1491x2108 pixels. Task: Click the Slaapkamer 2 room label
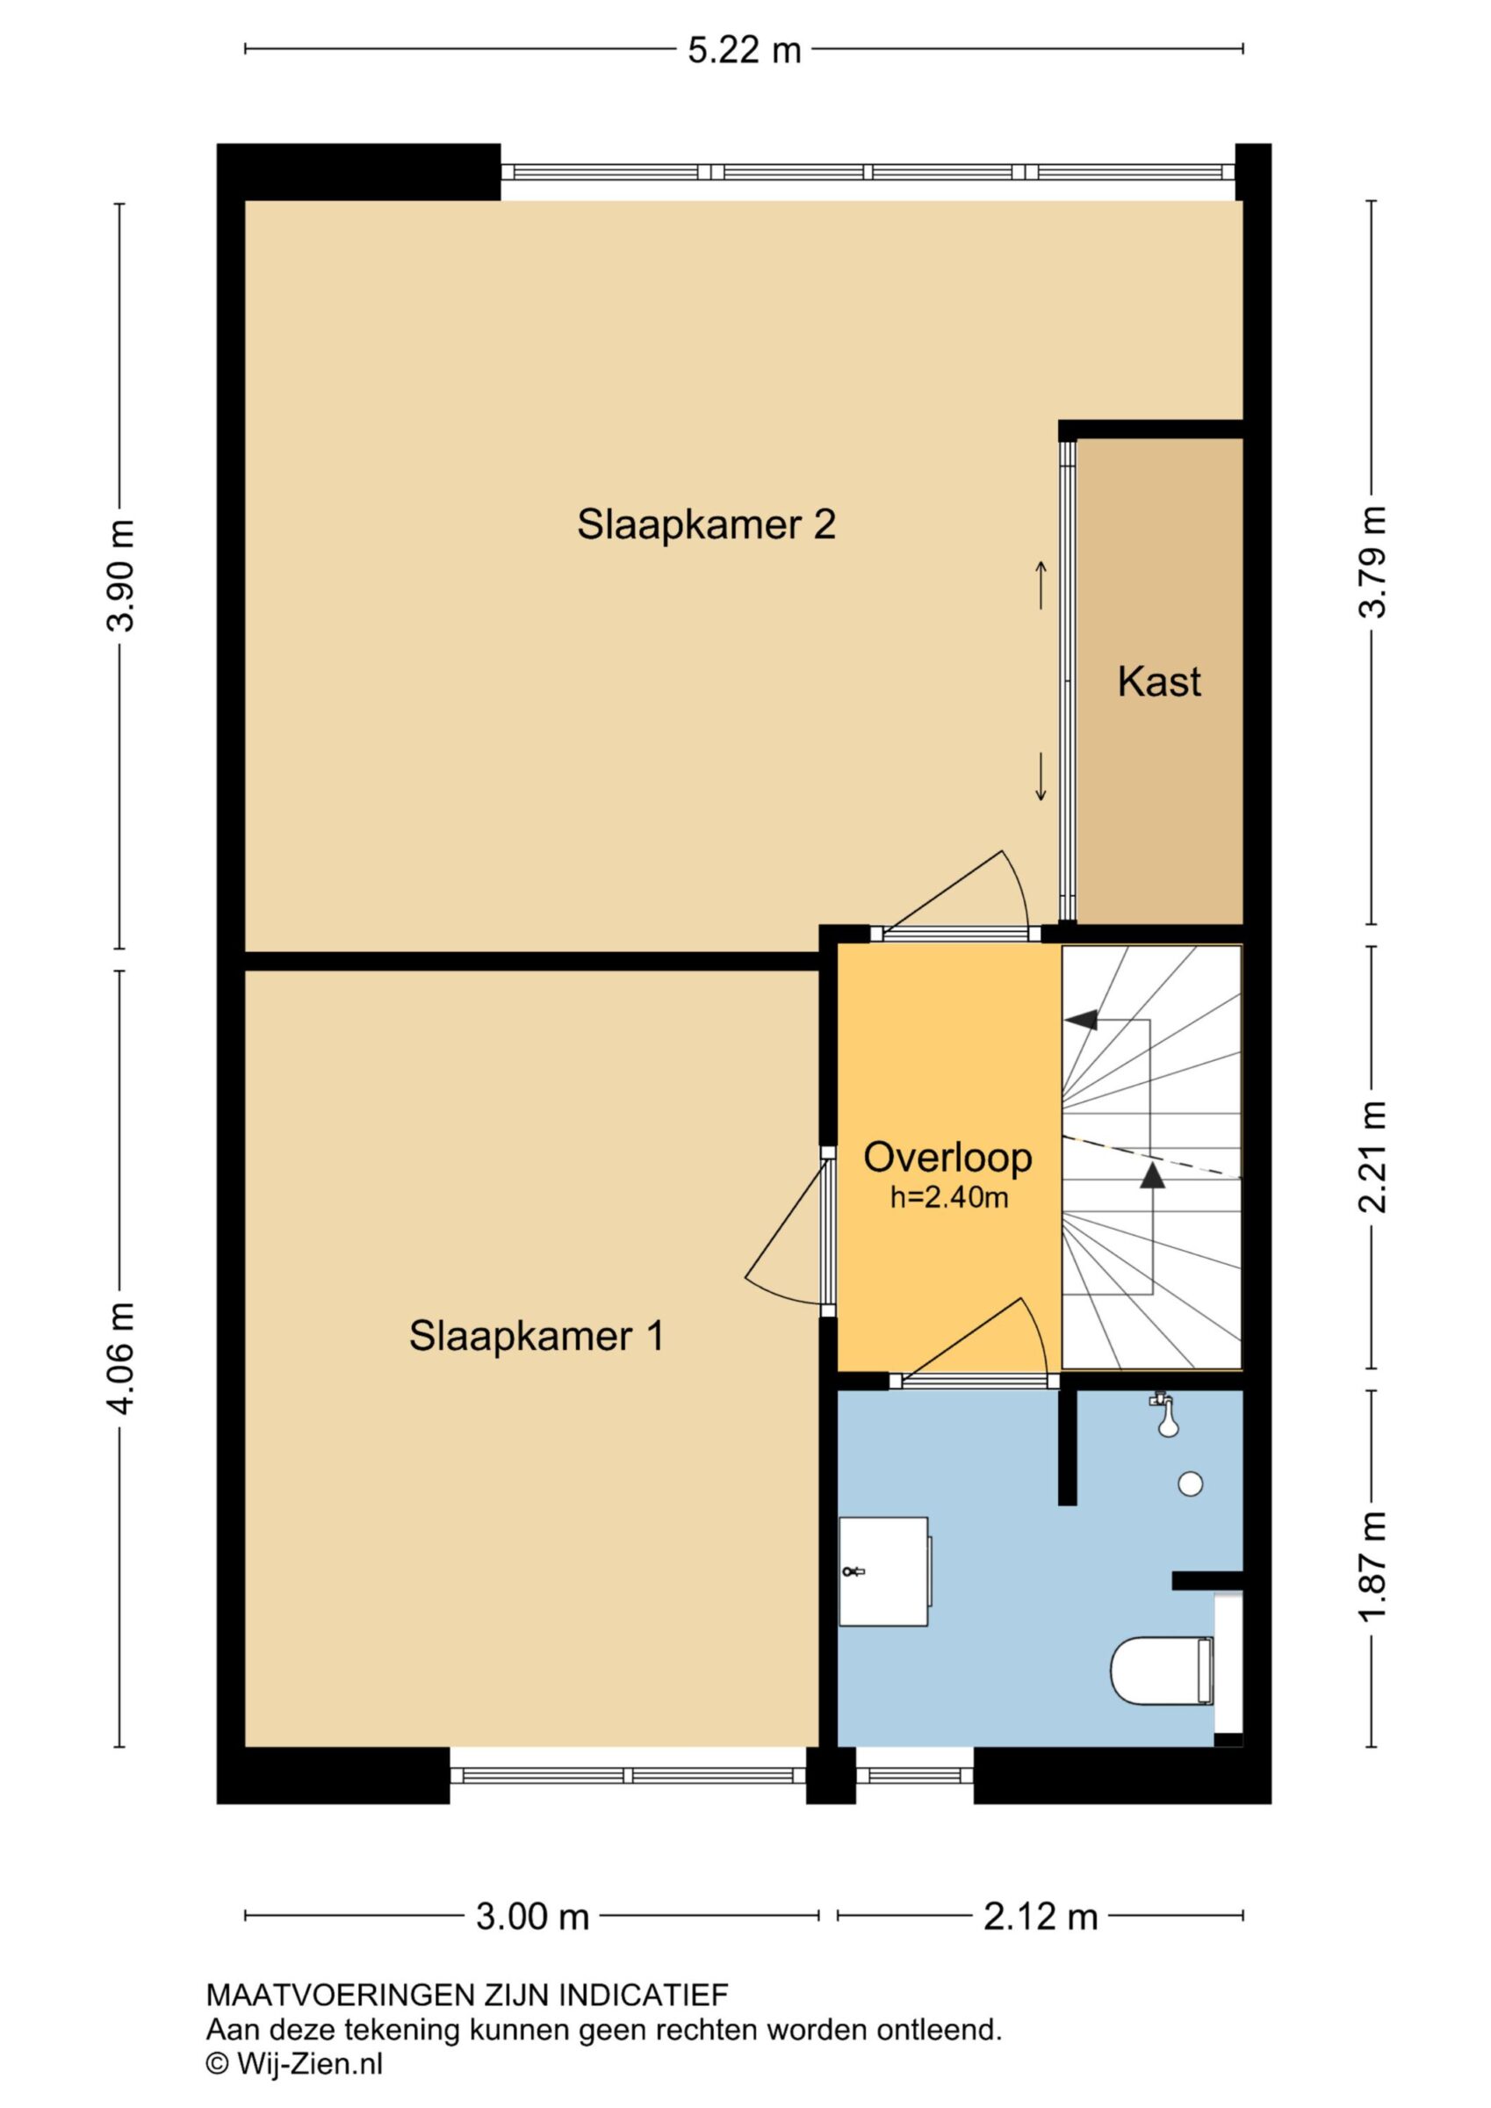pyautogui.click(x=706, y=525)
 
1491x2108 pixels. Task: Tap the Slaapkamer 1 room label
pyautogui.click(x=537, y=1336)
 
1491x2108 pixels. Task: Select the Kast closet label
pyautogui.click(x=1159, y=682)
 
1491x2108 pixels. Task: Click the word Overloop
pyautogui.click(x=947, y=1158)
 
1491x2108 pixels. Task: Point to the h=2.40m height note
pyautogui.click(x=949, y=1197)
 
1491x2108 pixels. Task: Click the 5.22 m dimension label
pyautogui.click(x=745, y=49)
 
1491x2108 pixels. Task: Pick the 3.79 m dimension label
pyautogui.click(x=1372, y=562)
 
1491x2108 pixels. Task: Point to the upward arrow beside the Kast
pyautogui.click(x=1041, y=585)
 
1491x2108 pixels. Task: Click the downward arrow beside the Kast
pyautogui.click(x=1041, y=777)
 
